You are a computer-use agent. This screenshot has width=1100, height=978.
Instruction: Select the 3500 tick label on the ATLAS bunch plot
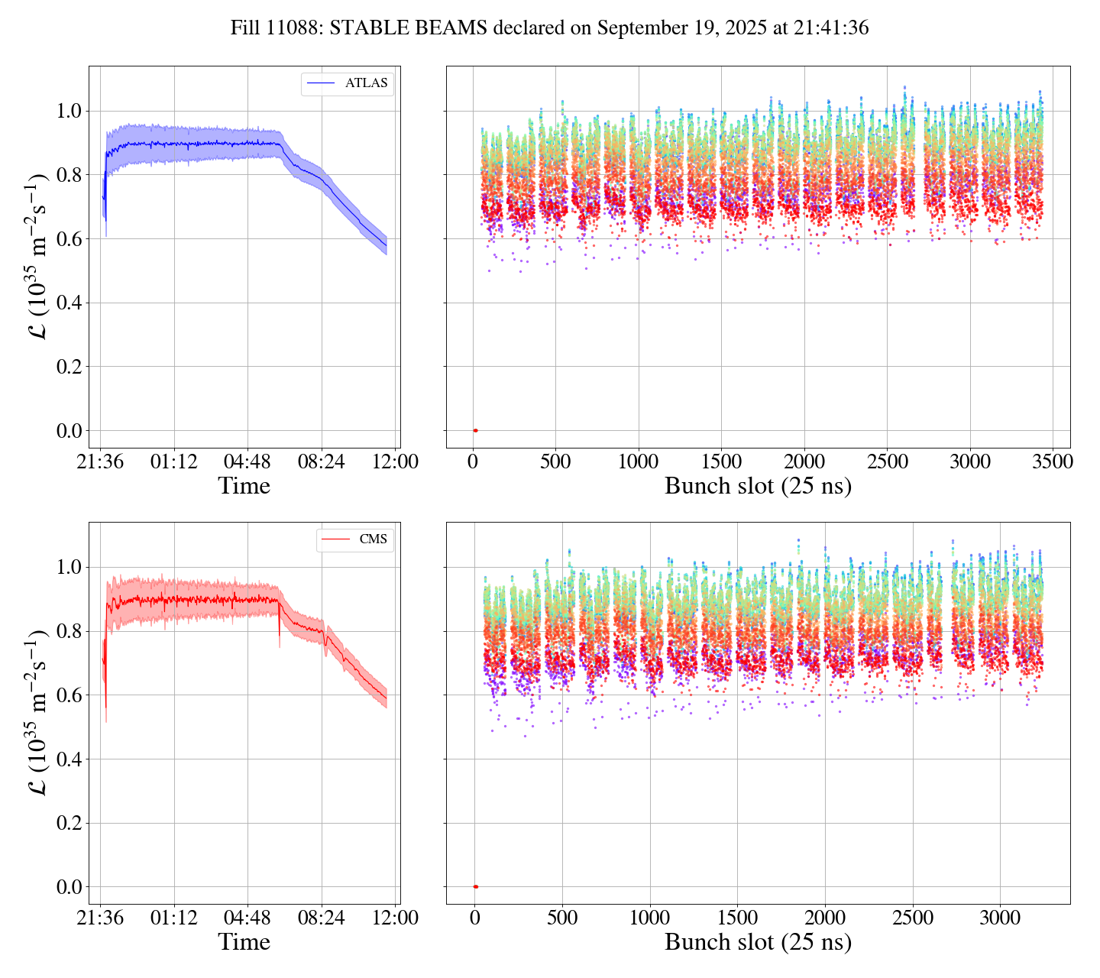click(x=1052, y=461)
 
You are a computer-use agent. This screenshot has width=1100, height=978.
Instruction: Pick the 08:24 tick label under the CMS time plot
click(x=321, y=918)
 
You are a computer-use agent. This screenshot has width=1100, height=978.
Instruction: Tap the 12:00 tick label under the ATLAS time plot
click(x=394, y=461)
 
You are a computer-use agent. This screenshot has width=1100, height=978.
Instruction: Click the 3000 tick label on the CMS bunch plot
click(x=999, y=918)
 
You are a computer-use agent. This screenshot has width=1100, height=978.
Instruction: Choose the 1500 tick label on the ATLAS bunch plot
click(x=721, y=461)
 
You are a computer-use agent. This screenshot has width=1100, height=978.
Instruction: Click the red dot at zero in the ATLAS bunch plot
click(x=475, y=430)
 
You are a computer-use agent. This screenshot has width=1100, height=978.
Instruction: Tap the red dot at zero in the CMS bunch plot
click(x=475, y=886)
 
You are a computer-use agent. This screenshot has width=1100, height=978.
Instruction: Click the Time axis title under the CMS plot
click(x=244, y=942)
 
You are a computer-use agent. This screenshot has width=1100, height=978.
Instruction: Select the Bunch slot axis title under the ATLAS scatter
click(x=758, y=486)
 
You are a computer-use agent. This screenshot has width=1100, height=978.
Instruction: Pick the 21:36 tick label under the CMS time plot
click(x=100, y=918)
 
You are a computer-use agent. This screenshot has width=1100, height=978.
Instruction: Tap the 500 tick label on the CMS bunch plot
click(x=562, y=918)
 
